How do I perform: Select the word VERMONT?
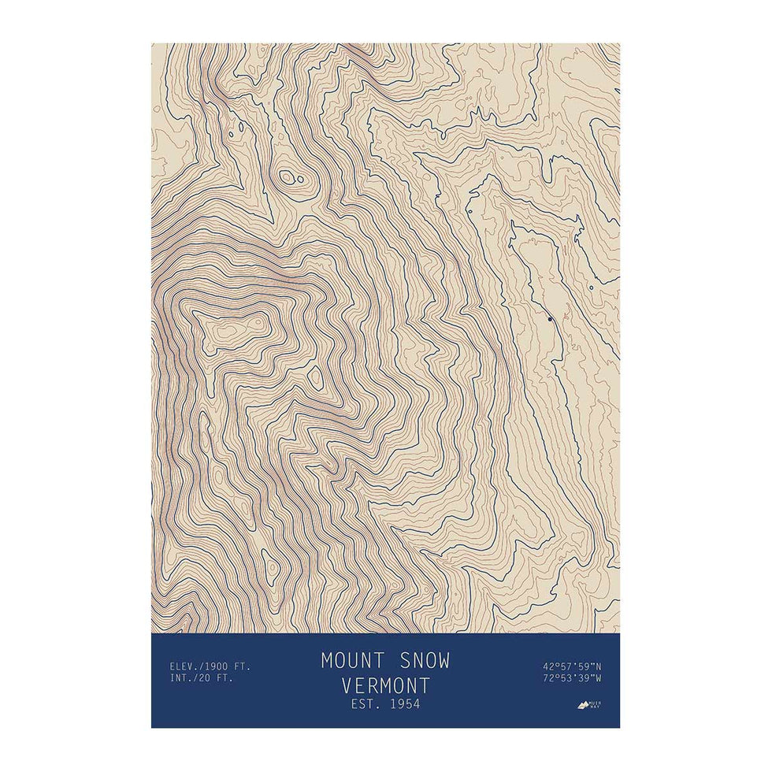(386, 684)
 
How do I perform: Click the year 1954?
(405, 703)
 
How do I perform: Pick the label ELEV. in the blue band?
(184, 666)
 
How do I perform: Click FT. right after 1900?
(243, 666)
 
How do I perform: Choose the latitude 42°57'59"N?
(572, 666)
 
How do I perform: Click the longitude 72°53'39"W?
(572, 677)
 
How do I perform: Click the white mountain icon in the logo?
(585, 705)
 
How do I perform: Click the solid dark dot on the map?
(550, 319)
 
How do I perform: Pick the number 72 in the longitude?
(548, 677)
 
